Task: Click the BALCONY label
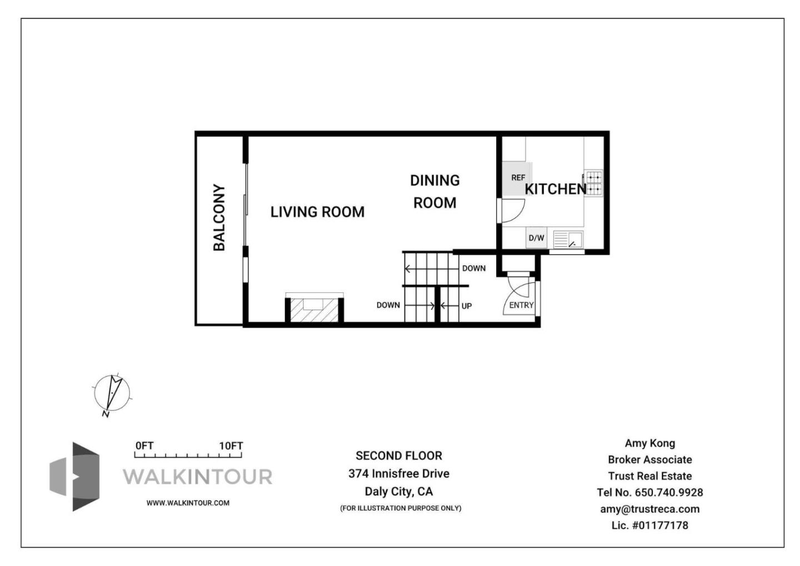point(219,217)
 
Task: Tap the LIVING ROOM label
point(317,212)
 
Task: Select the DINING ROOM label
point(434,192)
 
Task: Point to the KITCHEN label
point(555,189)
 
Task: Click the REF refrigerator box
point(517,178)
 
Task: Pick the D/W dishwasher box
point(536,238)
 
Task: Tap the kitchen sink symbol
point(568,240)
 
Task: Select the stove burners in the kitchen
point(594,183)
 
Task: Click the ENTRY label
point(521,305)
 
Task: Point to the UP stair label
point(467,306)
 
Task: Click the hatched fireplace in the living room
point(314,310)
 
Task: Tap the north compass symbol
point(112,393)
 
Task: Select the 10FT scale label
point(231,446)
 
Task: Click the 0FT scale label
point(144,446)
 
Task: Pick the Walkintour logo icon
point(75,476)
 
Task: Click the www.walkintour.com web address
point(188,503)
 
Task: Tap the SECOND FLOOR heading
point(399,456)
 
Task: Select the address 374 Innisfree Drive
point(399,474)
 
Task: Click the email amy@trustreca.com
point(649,509)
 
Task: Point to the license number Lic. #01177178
point(649,525)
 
